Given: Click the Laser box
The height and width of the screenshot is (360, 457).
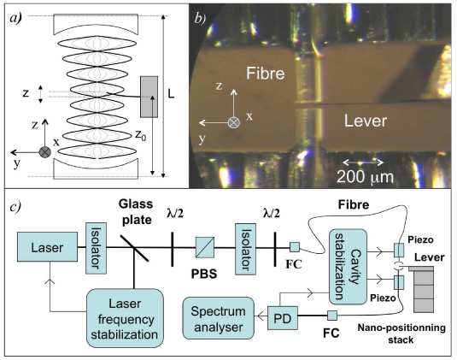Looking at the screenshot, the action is click(x=47, y=247).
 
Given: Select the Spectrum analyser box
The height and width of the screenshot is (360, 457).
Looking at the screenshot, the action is click(x=219, y=318).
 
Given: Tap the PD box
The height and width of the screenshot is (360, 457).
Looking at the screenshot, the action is click(x=283, y=318).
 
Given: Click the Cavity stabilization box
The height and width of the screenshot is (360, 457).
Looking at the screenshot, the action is click(x=348, y=267).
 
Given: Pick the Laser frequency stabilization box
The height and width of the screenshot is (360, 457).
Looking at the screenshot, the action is click(x=125, y=318).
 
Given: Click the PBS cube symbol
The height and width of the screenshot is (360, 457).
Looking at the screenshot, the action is click(x=205, y=247).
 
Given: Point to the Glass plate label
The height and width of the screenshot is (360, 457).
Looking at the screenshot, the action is click(x=136, y=212).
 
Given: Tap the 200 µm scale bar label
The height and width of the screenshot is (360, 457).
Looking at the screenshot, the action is click(x=365, y=176).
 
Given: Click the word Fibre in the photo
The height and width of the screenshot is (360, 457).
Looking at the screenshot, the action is click(x=265, y=73).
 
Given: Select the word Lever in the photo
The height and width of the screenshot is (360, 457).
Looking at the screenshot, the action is click(x=366, y=121).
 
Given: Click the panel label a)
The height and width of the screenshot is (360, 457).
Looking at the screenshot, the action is click(x=15, y=18).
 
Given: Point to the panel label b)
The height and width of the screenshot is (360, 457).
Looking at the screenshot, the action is click(x=200, y=19).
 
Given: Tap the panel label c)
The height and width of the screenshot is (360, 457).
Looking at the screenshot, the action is click(x=15, y=207).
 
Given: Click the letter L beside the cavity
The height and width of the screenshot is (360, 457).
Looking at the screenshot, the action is click(x=171, y=94).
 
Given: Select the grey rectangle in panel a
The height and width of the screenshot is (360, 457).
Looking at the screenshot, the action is click(x=149, y=97).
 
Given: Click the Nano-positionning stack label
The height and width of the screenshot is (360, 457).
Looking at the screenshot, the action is click(x=401, y=333).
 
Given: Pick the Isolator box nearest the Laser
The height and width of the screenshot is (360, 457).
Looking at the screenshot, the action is click(x=96, y=248).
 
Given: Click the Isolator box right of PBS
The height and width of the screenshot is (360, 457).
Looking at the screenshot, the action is click(x=245, y=249).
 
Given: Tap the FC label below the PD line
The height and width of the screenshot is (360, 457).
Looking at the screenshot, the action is click(x=331, y=333).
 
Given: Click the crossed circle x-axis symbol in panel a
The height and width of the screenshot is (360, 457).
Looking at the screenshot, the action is click(x=45, y=152).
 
